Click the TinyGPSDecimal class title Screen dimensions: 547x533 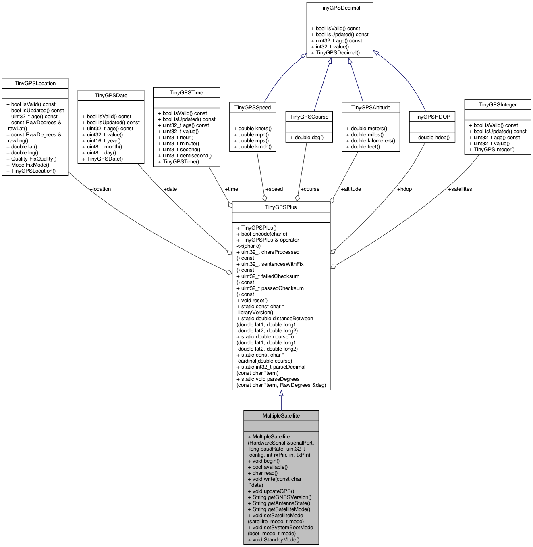[x=340, y=8]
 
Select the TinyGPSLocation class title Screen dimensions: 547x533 [x=35, y=83]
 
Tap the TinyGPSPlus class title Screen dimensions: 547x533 [x=281, y=207]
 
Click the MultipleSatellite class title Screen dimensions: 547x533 [x=281, y=415]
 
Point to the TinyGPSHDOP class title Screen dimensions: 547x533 [x=431, y=117]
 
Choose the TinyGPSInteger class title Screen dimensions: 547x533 [x=498, y=104]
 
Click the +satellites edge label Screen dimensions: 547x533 [x=460, y=189]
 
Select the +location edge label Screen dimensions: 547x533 [x=100, y=189]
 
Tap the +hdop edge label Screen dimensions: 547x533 [x=404, y=189]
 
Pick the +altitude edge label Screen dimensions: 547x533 [x=350, y=189]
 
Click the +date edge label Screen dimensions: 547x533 [x=170, y=189]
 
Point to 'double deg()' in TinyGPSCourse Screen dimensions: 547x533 [x=309, y=138]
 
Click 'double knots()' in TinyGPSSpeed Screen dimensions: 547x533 [x=255, y=129]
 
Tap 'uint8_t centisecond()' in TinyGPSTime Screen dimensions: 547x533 [x=187, y=156]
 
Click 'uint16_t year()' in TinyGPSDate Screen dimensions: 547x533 [x=104, y=141]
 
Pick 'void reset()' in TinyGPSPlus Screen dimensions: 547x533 [x=254, y=301]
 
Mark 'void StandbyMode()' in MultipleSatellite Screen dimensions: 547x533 [x=276, y=540]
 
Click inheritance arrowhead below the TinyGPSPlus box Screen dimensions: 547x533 [x=281, y=393]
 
